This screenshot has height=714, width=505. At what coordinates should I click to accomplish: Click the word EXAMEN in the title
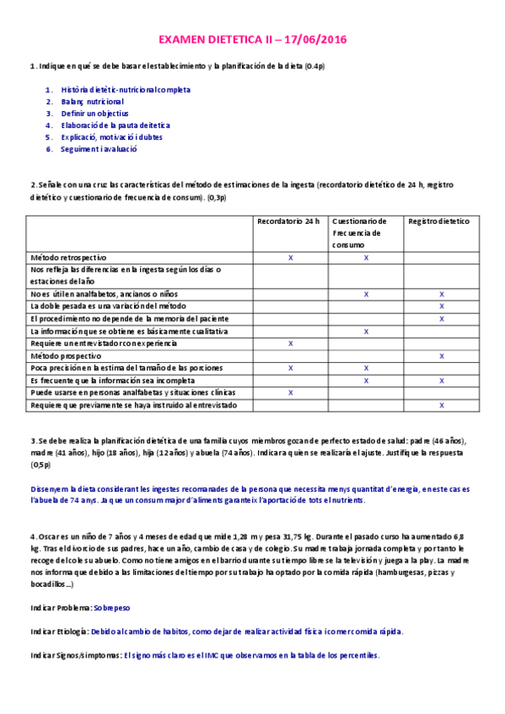click(x=183, y=40)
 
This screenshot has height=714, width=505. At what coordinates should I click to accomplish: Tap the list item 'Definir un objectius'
click(x=94, y=113)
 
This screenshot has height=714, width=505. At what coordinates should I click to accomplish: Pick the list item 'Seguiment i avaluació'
click(x=99, y=149)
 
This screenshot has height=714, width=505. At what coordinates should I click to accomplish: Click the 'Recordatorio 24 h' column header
click(x=289, y=221)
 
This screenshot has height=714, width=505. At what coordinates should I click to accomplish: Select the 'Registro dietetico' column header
click(x=439, y=221)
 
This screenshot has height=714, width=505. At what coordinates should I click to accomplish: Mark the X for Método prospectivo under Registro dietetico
click(x=442, y=356)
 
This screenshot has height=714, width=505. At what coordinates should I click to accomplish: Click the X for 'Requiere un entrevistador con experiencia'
click(x=290, y=344)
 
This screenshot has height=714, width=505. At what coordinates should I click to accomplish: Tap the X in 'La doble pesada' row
click(x=442, y=306)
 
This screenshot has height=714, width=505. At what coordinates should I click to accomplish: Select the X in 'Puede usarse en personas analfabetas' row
click(x=290, y=392)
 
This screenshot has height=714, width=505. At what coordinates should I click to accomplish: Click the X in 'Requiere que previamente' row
click(x=442, y=405)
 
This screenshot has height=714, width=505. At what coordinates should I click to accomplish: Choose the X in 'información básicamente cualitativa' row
click(x=366, y=332)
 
